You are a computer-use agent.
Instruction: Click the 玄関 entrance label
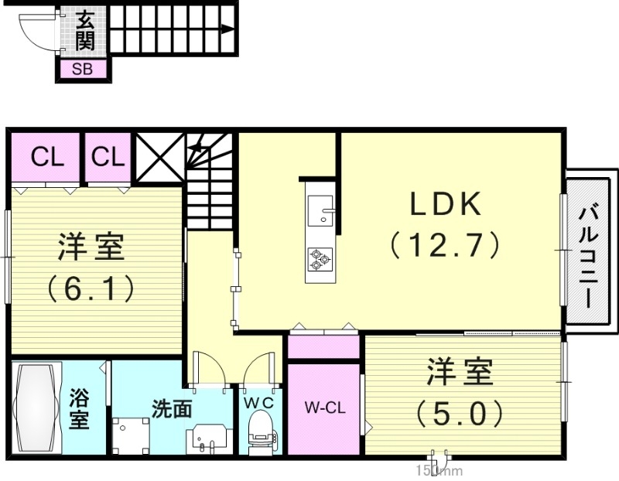click(x=84, y=29)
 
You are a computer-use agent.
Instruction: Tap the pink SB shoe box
click(x=82, y=69)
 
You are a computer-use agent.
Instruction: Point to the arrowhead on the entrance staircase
click(x=227, y=30)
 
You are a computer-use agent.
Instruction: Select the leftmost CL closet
click(x=46, y=158)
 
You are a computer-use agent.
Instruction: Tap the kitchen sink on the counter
click(x=320, y=210)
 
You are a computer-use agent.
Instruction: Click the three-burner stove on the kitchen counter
click(x=320, y=258)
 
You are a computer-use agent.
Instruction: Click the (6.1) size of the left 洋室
click(x=91, y=288)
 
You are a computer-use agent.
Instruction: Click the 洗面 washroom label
click(x=172, y=408)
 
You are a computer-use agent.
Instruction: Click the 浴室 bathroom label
click(x=80, y=409)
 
